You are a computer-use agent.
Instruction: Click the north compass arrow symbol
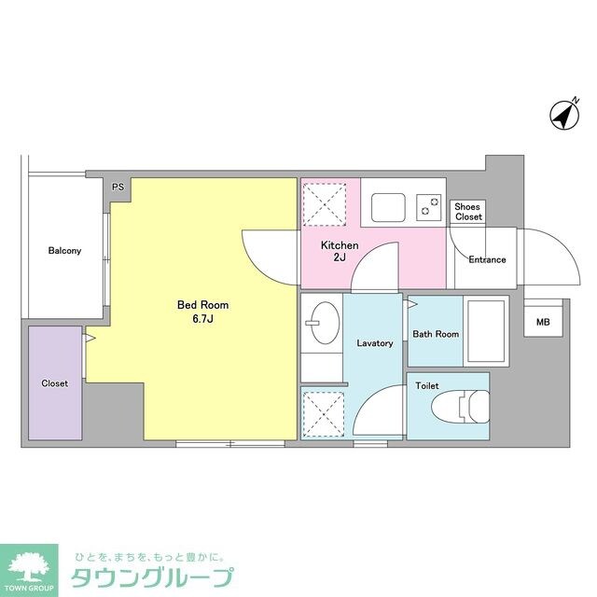(562, 117)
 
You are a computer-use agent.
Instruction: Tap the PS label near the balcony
(118, 187)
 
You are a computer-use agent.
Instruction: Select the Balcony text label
(65, 251)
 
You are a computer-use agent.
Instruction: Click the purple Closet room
(55, 382)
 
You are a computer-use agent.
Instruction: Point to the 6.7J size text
(203, 320)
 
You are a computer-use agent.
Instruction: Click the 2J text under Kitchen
(340, 259)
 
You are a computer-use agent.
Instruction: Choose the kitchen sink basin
(385, 205)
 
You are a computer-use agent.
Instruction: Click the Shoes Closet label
(468, 211)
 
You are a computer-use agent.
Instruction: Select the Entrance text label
(487, 259)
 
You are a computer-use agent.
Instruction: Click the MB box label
(543, 323)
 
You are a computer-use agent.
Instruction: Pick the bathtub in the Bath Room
(485, 331)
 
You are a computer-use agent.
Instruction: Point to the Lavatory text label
(375, 343)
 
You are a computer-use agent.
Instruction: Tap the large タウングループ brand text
(153, 576)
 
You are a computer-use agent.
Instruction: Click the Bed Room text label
(203, 305)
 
